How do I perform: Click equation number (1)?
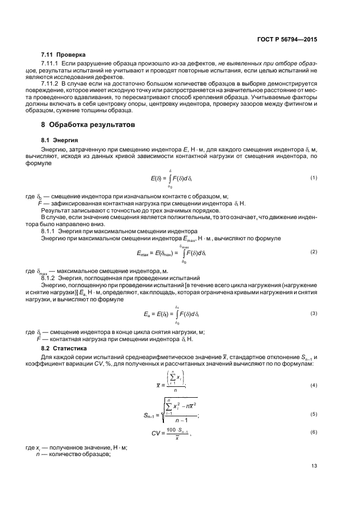(314, 178)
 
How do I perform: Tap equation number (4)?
(314, 385)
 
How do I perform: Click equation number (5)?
(314, 414)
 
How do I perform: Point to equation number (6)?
(314, 432)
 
